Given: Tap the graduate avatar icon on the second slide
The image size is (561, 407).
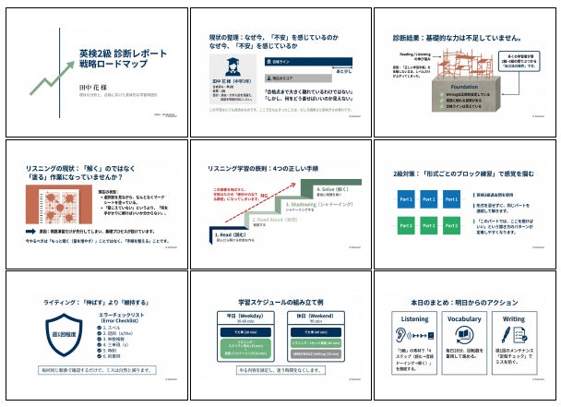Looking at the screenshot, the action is [x=226, y=65].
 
